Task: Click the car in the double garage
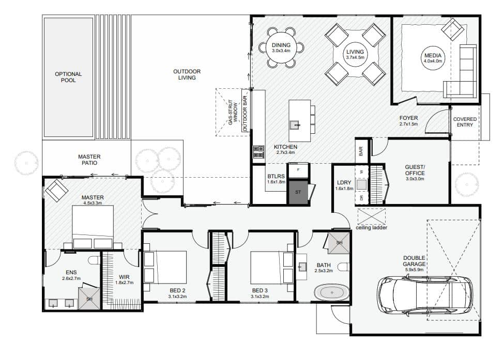(x=425, y=295)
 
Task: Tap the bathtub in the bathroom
(x=331, y=292)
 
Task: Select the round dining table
(x=281, y=48)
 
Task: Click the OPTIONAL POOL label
(x=68, y=77)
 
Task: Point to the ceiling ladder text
(x=371, y=228)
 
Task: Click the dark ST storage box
(x=298, y=192)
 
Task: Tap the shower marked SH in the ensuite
(x=89, y=299)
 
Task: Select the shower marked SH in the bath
(x=339, y=243)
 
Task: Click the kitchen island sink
(x=295, y=124)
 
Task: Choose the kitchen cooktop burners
(x=259, y=152)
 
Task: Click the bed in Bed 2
(x=165, y=268)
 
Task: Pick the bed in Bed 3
(x=272, y=268)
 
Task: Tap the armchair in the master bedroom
(x=56, y=190)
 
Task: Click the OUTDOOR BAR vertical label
(x=245, y=113)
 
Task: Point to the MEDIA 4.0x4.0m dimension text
(x=433, y=61)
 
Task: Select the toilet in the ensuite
(x=94, y=260)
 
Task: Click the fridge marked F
(x=298, y=170)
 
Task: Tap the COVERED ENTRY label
(x=465, y=122)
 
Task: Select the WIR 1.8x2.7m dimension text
(x=125, y=283)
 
